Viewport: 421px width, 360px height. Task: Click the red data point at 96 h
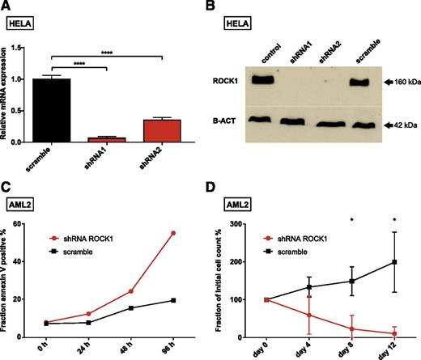click(x=174, y=233)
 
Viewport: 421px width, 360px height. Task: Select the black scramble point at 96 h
click(x=174, y=300)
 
